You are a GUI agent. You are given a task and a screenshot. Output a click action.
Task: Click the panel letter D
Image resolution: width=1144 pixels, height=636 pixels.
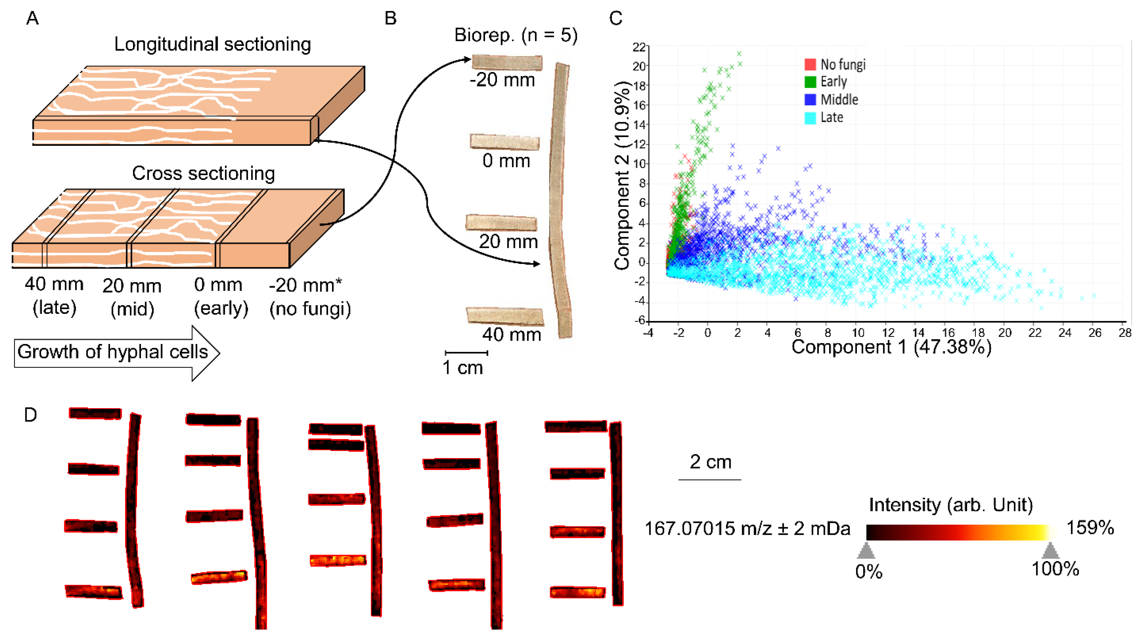(x=30, y=415)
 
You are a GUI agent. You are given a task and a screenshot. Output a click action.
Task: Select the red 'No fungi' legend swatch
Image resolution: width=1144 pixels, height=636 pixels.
(x=810, y=65)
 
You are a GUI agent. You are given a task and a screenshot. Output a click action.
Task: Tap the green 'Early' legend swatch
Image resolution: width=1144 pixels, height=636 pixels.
(x=810, y=82)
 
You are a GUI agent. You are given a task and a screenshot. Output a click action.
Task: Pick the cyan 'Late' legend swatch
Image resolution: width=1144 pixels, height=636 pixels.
(x=810, y=118)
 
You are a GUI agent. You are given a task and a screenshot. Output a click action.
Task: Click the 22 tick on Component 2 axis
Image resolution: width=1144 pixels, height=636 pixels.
(x=639, y=47)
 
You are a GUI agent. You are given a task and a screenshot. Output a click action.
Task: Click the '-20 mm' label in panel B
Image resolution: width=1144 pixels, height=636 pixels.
(x=502, y=80)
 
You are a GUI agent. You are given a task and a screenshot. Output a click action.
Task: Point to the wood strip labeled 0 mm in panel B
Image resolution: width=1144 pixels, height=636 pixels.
(x=505, y=142)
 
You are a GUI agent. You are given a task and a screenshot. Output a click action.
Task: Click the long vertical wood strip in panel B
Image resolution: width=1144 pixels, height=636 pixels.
(x=560, y=200)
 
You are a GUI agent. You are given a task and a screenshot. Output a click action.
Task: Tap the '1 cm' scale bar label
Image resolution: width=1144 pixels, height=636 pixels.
(x=462, y=368)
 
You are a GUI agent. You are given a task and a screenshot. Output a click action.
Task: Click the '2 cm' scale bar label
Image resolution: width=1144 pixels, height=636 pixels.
(x=710, y=462)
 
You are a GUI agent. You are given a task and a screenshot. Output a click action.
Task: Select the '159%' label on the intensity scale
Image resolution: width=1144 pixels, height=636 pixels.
(x=1090, y=528)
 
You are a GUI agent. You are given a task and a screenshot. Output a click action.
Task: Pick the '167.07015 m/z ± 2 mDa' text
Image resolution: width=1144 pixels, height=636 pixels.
(x=747, y=529)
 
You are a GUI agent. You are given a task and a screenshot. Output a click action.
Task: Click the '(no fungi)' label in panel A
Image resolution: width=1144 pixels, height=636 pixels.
(x=310, y=309)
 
